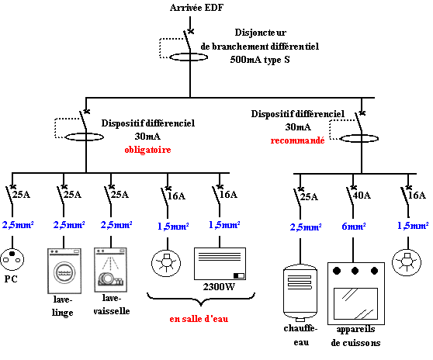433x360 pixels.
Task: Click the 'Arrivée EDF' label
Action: click(196, 8)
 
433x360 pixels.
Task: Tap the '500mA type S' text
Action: click(260, 60)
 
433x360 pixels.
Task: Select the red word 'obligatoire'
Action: click(147, 150)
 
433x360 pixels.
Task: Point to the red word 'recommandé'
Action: click(297, 140)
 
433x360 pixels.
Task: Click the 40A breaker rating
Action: click(362, 196)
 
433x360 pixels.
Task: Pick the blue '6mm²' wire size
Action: click(354, 227)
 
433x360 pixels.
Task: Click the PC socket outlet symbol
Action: click(12, 259)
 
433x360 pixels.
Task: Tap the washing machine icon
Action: click(64, 271)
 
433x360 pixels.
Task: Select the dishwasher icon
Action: click(110, 270)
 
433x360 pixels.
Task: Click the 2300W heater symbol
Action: click(220, 264)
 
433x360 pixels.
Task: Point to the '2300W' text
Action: click(219, 287)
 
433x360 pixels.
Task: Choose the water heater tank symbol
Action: click(300, 293)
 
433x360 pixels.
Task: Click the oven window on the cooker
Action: click(355, 303)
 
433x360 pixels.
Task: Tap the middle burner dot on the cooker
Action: click(355, 271)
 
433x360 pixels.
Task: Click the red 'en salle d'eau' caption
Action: click(199, 319)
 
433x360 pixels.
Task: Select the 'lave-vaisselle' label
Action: click(111, 304)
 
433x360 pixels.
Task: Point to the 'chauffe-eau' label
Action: click(301, 335)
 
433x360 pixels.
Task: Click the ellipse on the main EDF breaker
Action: click(189, 57)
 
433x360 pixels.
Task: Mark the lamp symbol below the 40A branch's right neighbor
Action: click(407, 262)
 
